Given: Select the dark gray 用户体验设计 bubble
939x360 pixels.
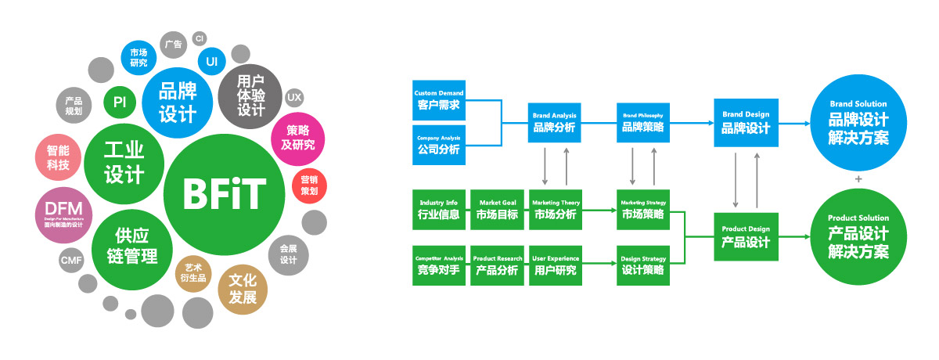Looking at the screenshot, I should click(x=250, y=96).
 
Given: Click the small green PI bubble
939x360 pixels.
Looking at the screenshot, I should click(x=120, y=102).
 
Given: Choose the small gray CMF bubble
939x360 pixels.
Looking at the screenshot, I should click(x=70, y=260).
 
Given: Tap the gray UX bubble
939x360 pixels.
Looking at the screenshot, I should click(x=293, y=98).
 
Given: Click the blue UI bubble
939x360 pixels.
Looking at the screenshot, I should click(x=211, y=60).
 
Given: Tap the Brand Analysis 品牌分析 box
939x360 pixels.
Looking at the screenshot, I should click(x=555, y=123).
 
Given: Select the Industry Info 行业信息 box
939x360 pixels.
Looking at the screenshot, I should click(x=438, y=210).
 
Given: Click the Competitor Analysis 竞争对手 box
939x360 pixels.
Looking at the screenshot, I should click(x=438, y=266).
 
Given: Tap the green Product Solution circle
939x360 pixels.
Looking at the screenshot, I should click(x=858, y=237).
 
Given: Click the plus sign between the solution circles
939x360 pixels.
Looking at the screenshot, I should click(x=858, y=179).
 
